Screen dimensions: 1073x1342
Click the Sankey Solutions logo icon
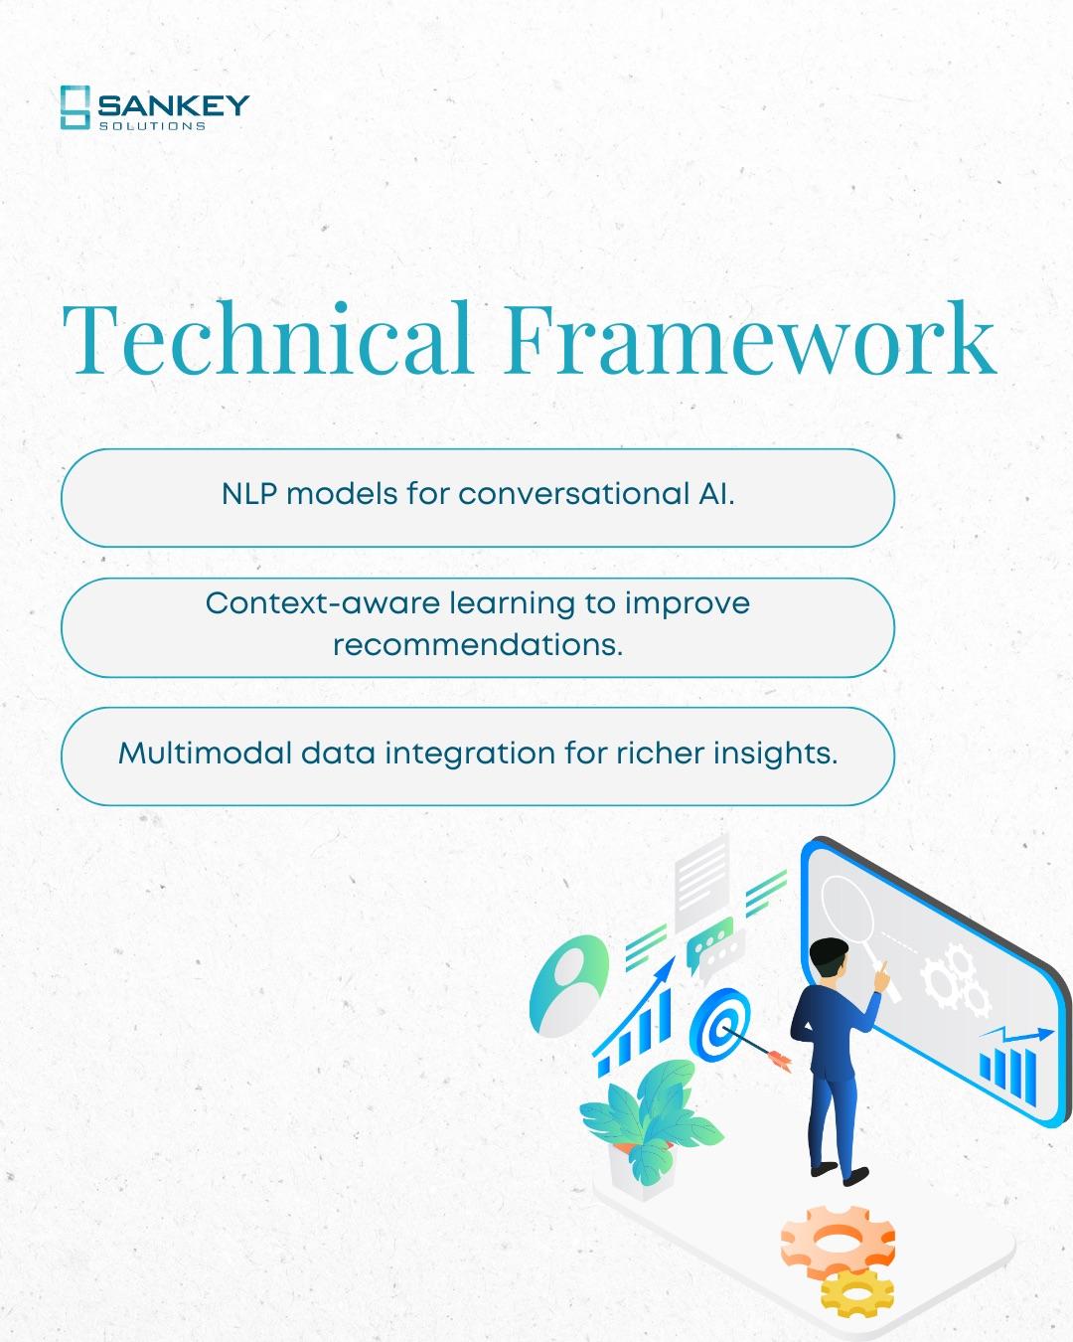[75, 107]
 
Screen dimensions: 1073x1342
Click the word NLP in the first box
[249, 494]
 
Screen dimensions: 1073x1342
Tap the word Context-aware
[322, 603]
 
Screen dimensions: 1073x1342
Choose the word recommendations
[477, 645]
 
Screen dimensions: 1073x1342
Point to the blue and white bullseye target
[718, 1024]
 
